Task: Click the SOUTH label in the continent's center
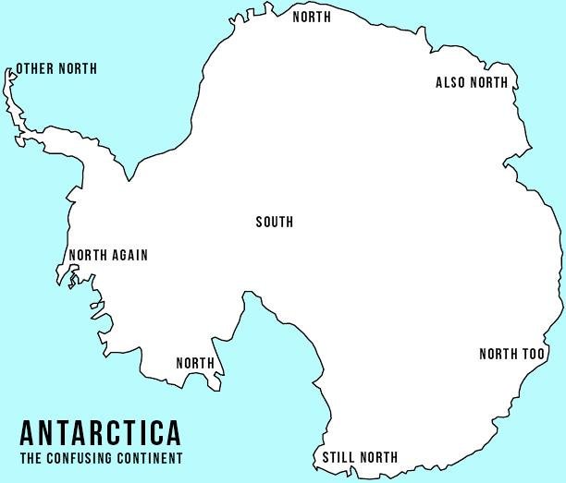tap(274, 222)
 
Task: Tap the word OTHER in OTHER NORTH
tap(35, 69)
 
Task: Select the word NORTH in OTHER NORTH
tap(77, 69)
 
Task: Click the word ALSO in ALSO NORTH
tap(451, 83)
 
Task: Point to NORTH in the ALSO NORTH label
tap(489, 83)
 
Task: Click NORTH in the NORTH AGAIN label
tap(88, 256)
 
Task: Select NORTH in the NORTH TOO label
tap(498, 355)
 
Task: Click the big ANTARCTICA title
tap(100, 432)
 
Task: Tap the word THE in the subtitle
tap(30, 458)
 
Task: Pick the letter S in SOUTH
tap(259, 222)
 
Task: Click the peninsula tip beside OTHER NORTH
tap(9, 71)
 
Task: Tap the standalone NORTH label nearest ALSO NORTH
tap(311, 17)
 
